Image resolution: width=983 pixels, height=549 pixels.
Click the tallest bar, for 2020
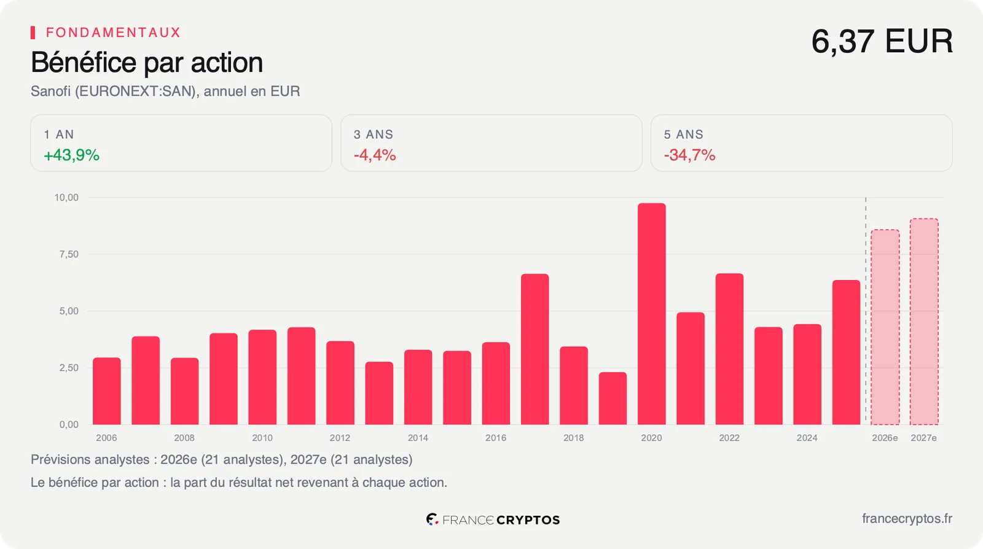click(652, 314)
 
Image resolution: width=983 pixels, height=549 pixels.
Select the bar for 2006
click(107, 391)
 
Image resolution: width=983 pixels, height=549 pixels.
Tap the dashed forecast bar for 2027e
click(924, 321)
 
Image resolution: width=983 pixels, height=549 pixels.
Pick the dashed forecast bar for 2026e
click(885, 327)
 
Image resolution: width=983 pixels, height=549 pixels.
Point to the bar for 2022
click(729, 349)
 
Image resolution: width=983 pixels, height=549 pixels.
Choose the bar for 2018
click(574, 386)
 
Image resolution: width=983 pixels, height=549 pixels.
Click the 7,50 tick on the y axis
click(69, 254)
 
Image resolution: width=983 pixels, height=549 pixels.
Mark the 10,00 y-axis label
click(66, 198)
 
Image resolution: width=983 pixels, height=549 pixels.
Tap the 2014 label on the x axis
click(418, 438)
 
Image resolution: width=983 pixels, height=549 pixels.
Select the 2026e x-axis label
click(885, 438)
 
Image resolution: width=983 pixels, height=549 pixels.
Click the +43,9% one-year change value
click(71, 155)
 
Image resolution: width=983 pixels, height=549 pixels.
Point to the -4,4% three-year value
click(375, 155)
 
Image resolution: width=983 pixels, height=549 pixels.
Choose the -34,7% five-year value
click(689, 155)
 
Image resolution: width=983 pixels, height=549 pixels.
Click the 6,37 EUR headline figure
click(882, 41)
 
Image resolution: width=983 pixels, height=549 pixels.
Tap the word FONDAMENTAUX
click(113, 33)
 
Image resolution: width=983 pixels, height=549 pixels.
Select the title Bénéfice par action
click(147, 62)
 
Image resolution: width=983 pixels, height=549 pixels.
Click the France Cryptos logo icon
click(432, 519)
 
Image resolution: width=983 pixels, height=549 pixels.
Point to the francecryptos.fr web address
click(907, 519)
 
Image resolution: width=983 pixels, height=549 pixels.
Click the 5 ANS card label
click(683, 134)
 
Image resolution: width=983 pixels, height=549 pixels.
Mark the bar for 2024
click(807, 375)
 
